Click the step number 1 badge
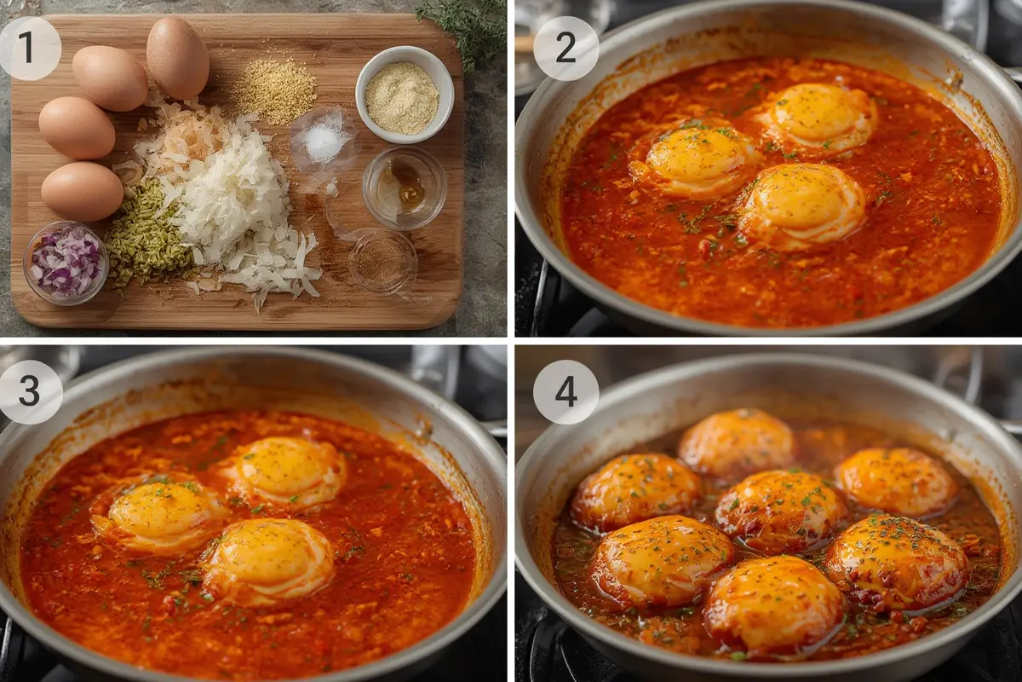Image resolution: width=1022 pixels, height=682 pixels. coord(30,48)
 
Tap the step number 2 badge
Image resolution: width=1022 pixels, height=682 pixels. coord(566,48)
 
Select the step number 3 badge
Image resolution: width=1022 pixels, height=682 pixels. coord(30,391)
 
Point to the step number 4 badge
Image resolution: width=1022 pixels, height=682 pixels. coord(566,391)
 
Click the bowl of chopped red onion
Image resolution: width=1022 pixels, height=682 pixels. coord(66,263)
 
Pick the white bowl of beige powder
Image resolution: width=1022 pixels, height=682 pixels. coord(404,95)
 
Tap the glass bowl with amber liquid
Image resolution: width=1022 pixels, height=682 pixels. coord(405,187)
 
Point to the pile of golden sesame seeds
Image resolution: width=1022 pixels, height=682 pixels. coord(274,89)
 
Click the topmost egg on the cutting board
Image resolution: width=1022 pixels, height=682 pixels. coord(178,57)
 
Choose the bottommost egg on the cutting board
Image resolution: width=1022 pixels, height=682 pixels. coord(82,191)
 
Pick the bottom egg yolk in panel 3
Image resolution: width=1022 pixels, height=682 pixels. coord(268,558)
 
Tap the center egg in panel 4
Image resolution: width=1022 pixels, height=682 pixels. coord(781,509)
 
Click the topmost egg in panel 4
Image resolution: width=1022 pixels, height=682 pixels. coord(738,441)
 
